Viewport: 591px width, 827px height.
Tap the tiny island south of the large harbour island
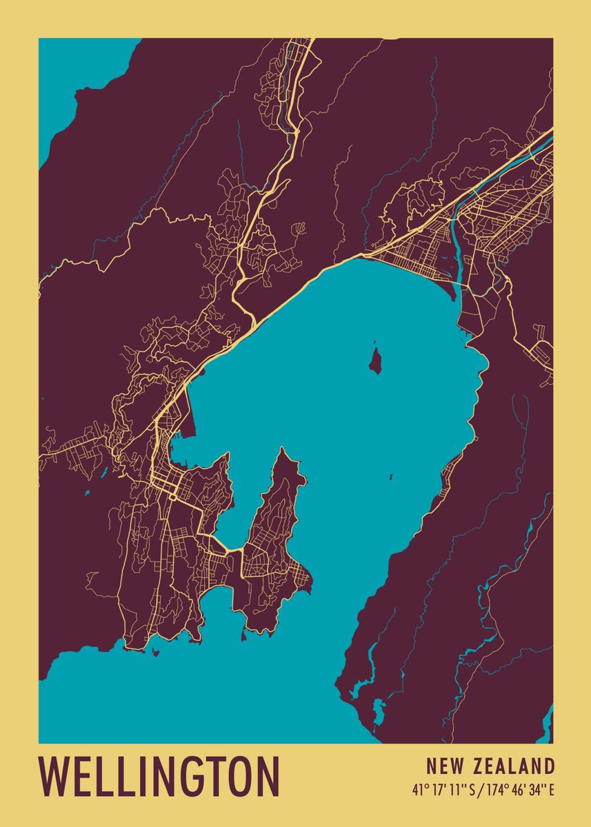(x=390, y=476)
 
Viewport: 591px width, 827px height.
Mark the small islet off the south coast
(x=156, y=651)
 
